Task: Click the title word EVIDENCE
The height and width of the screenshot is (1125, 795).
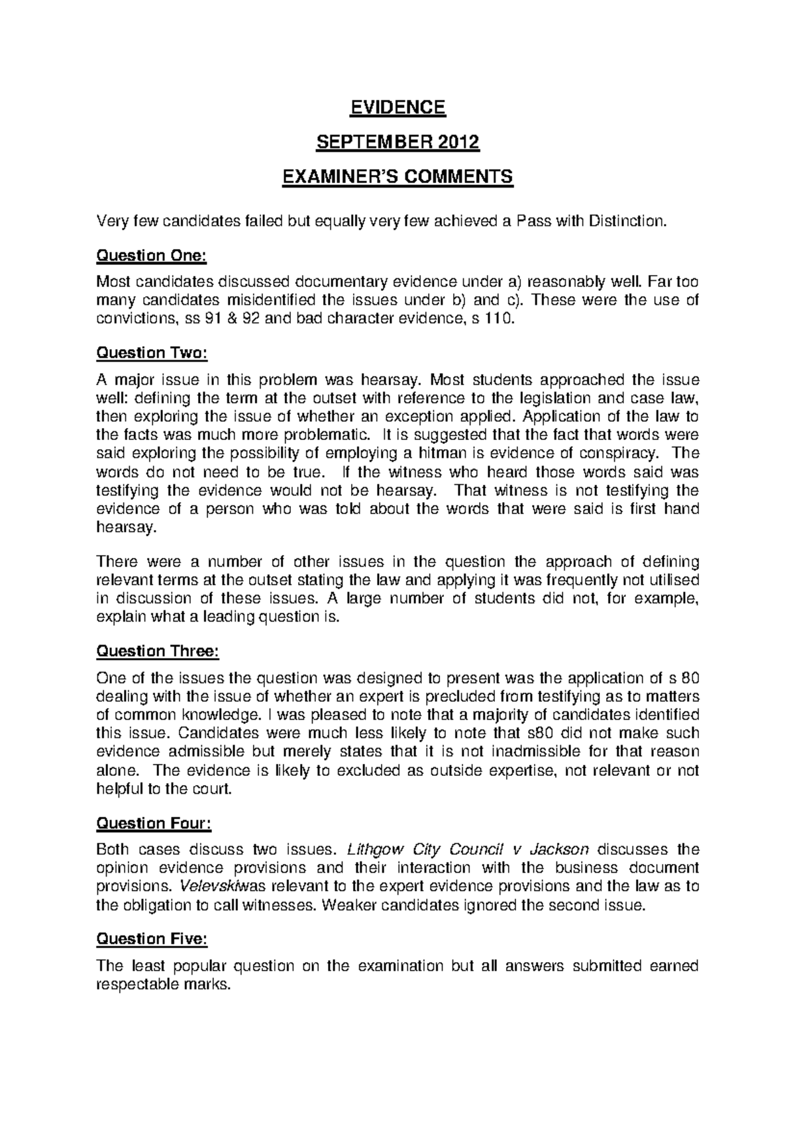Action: (x=397, y=107)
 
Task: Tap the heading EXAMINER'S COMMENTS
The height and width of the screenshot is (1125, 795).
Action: (x=397, y=177)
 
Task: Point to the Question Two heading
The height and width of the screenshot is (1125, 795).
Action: (x=152, y=353)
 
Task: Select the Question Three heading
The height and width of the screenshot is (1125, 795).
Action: (x=157, y=651)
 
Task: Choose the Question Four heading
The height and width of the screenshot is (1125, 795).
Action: (x=154, y=823)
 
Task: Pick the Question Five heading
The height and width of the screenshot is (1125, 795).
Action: (x=152, y=939)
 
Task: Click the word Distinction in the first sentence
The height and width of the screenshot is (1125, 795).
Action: (x=625, y=221)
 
